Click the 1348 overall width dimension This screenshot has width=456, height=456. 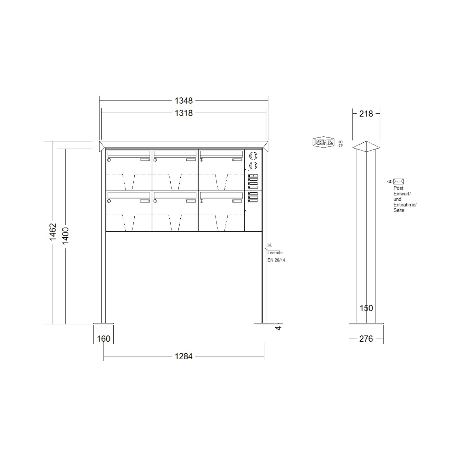pos(183,101)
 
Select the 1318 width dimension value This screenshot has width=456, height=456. pos(183,113)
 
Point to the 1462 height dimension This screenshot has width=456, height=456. pos(53,232)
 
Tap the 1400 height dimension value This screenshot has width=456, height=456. pos(65,236)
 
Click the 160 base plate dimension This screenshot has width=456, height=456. pos(104,339)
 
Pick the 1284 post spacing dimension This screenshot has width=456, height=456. pos(183,356)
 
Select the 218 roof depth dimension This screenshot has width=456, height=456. pos(366,114)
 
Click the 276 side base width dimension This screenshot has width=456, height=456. pos(366,339)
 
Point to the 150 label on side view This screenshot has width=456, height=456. pos(366,308)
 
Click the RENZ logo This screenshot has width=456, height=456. pos(323,142)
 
